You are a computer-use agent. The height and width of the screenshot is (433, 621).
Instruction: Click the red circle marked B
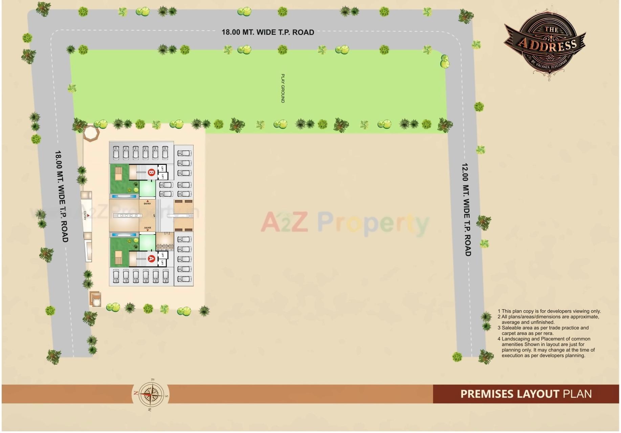[x=151, y=172]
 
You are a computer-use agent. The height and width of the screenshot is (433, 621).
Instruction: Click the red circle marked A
[x=151, y=259]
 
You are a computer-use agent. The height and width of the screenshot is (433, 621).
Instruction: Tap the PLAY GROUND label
[x=283, y=88]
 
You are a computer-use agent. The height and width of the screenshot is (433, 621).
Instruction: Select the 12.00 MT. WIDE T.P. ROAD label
[x=466, y=210]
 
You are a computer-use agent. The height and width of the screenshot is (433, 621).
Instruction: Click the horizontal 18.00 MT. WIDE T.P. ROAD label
[x=268, y=32]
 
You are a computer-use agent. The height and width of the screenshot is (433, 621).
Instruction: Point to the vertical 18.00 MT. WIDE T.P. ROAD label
[x=61, y=196]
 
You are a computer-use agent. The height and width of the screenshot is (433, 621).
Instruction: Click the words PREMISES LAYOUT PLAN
[x=526, y=394]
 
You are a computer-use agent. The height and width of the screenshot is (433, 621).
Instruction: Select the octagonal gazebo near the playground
[x=91, y=133]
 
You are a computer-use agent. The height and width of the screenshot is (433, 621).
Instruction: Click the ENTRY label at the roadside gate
[x=85, y=215]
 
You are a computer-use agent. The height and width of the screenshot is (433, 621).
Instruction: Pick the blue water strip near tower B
[x=124, y=196]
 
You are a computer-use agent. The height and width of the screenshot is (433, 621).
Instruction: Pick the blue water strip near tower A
[x=124, y=235]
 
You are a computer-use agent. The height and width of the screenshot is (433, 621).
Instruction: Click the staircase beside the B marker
[x=141, y=172]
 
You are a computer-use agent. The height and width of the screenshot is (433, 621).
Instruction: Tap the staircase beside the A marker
[x=141, y=259]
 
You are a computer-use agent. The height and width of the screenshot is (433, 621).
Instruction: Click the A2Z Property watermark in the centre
[x=345, y=222]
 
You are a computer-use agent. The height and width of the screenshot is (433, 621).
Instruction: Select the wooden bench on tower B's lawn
[x=118, y=174]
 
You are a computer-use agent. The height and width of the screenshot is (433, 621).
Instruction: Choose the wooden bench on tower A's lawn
[x=118, y=257]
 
